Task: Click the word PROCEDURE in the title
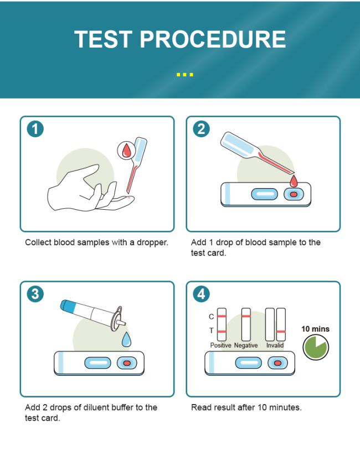[213, 39]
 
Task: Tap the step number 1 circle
[35, 129]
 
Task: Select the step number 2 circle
[201, 129]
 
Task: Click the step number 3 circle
[35, 294]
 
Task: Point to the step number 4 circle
[201, 294]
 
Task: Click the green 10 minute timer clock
[316, 347]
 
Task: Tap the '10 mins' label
[315, 329]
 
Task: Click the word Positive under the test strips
[220, 345]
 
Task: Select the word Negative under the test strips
[246, 345]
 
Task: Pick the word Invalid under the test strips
[275, 345]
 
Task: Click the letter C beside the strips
[212, 317]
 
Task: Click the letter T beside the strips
[212, 330]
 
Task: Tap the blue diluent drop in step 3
[126, 339]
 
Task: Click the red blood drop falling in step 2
[294, 181]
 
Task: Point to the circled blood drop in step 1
[126, 151]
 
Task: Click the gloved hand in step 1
[90, 189]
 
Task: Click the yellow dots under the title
[185, 75]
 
